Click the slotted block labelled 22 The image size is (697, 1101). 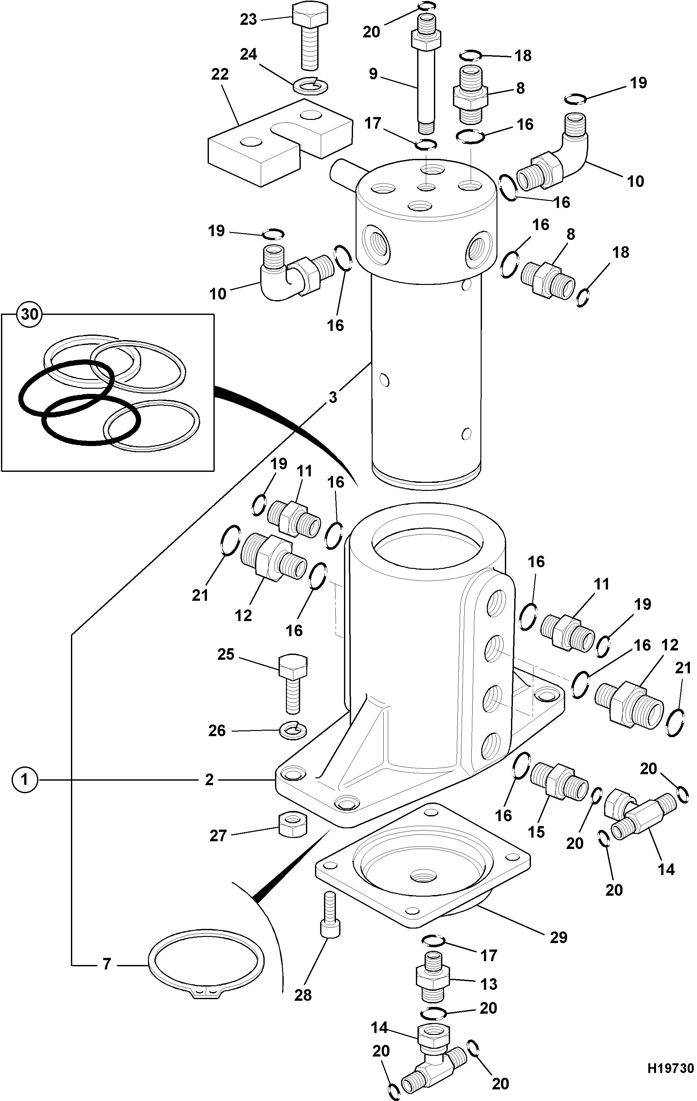[280, 143]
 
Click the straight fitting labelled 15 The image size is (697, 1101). [559, 783]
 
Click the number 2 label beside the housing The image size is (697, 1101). [209, 780]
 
